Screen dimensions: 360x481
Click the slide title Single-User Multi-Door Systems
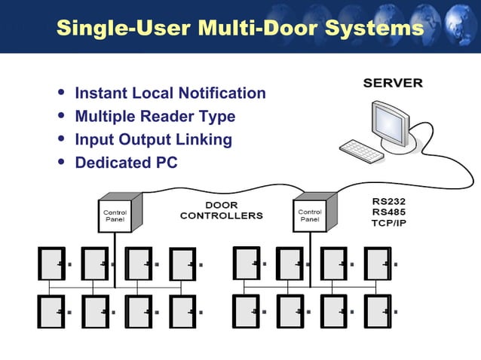tap(240, 29)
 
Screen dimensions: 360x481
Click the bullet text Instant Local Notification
tap(170, 93)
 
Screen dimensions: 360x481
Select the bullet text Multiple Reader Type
tap(155, 117)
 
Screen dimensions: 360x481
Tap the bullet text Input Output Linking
tap(153, 140)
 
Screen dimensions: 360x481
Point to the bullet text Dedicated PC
tap(126, 163)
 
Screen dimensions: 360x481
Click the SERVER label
tap(393, 83)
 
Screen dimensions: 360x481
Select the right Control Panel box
tap(311, 215)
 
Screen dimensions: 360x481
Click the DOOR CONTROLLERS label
tap(221, 210)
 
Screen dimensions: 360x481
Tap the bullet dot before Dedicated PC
tap(61, 163)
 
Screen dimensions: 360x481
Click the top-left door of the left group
tap(51, 264)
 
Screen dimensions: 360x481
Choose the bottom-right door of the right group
tap(378, 310)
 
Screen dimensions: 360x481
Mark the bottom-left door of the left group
tap(51, 310)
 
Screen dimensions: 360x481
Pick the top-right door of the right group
tap(378, 264)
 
